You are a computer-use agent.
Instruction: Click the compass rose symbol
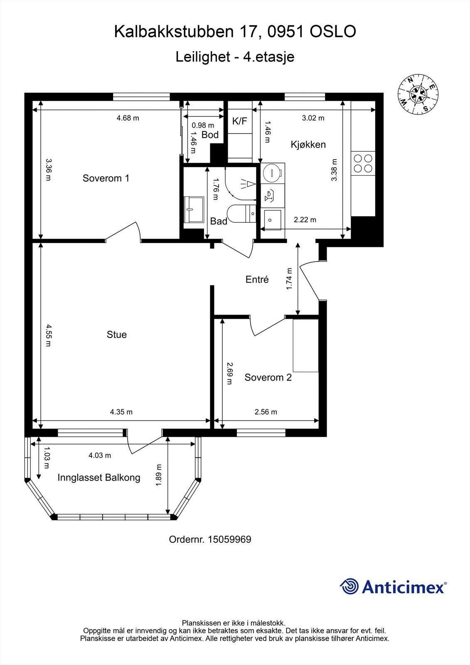coord(418,94)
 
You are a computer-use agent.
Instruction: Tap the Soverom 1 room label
coord(106,178)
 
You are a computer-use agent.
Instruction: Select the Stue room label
coord(117,335)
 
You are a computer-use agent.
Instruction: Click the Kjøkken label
coord(308,145)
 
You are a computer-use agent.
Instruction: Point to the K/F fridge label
coord(240,121)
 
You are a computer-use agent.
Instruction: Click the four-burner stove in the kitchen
coord(363,163)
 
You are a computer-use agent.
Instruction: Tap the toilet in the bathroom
coord(241,213)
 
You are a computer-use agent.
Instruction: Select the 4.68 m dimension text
coord(128,118)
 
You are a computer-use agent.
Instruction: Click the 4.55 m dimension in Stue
coord(48,335)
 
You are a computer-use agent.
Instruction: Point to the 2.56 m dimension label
coord(266,412)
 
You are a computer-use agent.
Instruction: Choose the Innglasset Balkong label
coord(99,478)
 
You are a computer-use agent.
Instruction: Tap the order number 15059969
coord(229,539)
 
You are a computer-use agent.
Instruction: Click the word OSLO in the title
coord(333,32)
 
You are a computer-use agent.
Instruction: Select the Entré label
coord(257,279)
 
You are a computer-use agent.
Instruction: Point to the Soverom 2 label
coord(268,377)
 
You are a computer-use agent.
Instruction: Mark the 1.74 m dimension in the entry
coord(289,279)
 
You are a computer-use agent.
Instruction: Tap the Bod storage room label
coord(210,135)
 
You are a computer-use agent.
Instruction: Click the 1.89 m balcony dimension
coord(159,475)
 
